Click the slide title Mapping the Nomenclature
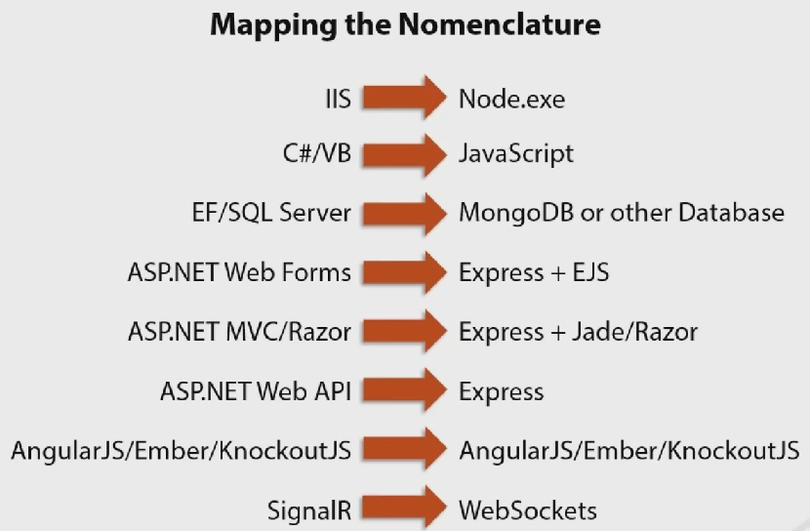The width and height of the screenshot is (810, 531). pyautogui.click(x=405, y=26)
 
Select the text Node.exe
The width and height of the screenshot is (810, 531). pyautogui.click(x=511, y=99)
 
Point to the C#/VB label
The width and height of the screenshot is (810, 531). pyautogui.click(x=309, y=154)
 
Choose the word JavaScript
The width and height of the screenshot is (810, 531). pyautogui.click(x=516, y=154)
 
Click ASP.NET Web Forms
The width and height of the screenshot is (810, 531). pyautogui.click(x=239, y=272)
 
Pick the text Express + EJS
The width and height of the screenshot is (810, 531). pyautogui.click(x=534, y=272)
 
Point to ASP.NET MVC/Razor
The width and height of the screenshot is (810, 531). pyautogui.click(x=239, y=332)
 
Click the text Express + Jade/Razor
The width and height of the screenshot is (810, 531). pyautogui.click(x=578, y=332)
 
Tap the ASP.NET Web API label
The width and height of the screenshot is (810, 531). pyautogui.click(x=256, y=391)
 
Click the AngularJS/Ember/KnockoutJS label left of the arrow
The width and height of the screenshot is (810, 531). pyautogui.click(x=182, y=451)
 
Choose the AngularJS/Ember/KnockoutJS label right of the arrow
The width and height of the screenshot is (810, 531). pyautogui.click(x=628, y=451)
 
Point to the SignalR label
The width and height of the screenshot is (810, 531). pyautogui.click(x=309, y=510)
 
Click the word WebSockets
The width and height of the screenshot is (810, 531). pyautogui.click(x=527, y=510)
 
